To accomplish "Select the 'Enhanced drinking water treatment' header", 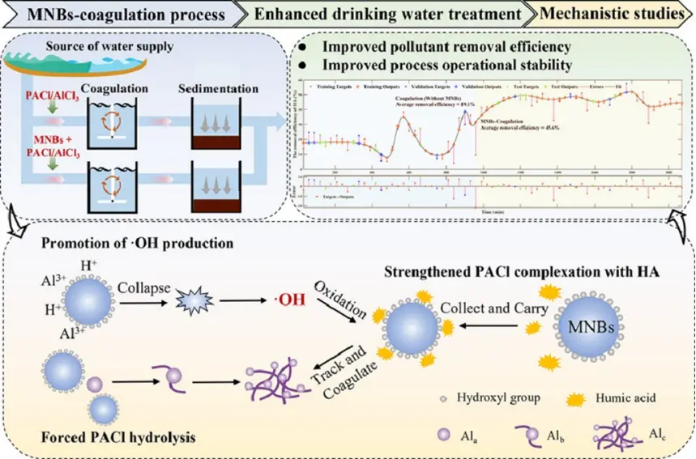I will point(389,14).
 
